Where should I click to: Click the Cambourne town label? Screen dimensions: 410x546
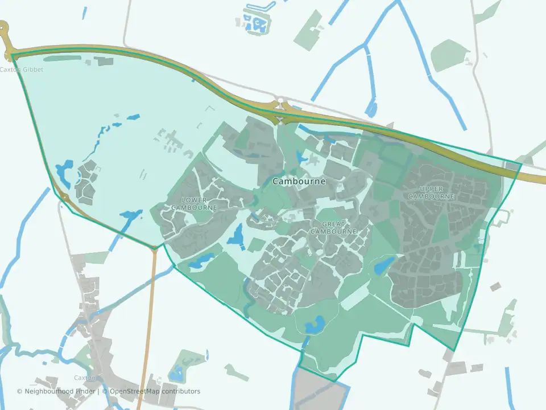click(299, 182)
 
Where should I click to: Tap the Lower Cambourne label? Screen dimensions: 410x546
click(194, 204)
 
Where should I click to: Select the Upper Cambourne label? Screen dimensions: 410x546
click(431, 192)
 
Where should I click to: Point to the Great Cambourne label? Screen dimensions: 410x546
click(334, 228)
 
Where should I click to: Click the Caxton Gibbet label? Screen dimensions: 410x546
click(22, 69)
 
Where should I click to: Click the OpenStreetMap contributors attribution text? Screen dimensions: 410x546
click(155, 391)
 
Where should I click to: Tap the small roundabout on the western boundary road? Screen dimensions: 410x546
click(64, 198)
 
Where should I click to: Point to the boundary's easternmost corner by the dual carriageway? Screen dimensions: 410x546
click(521, 165)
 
